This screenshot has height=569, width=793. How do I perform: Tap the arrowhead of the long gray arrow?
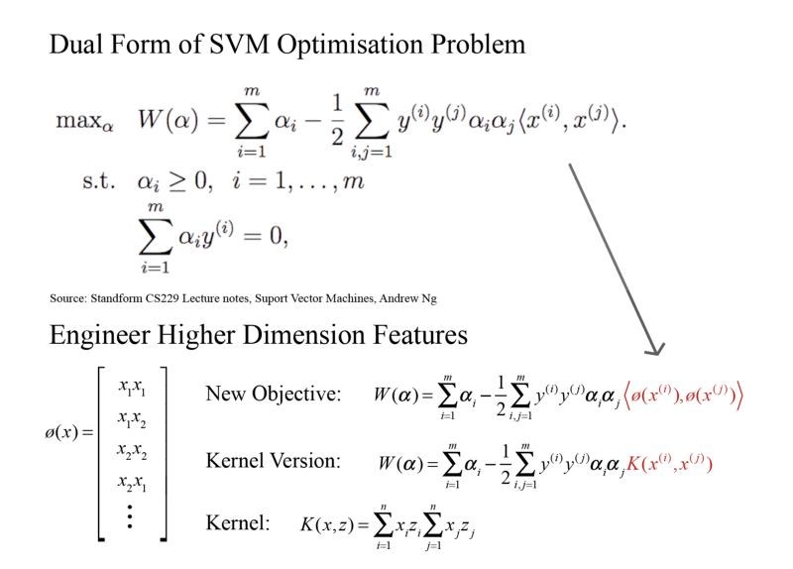coord(653,347)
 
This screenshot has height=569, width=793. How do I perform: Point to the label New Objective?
coord(273,394)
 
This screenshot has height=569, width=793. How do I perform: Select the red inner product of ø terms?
coord(684,395)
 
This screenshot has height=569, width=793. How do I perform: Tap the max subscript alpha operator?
coord(85,122)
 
